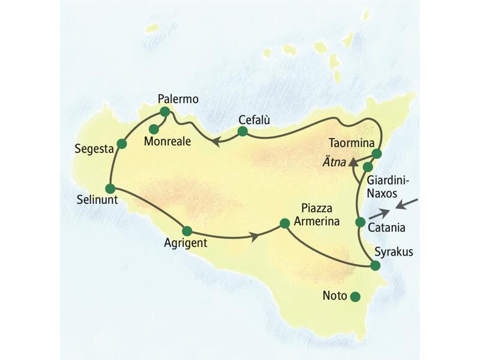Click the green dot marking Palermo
point(165,112)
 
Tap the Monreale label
point(166,142)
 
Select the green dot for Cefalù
point(242,131)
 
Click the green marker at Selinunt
point(110,188)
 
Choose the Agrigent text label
point(185,243)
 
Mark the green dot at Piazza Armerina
point(284,225)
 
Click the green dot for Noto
point(355,296)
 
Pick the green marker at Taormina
point(377,154)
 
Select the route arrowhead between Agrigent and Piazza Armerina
point(255,236)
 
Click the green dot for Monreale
point(154,128)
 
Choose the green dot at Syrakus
point(375,266)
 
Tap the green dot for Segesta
point(122,143)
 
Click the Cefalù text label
point(254,119)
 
